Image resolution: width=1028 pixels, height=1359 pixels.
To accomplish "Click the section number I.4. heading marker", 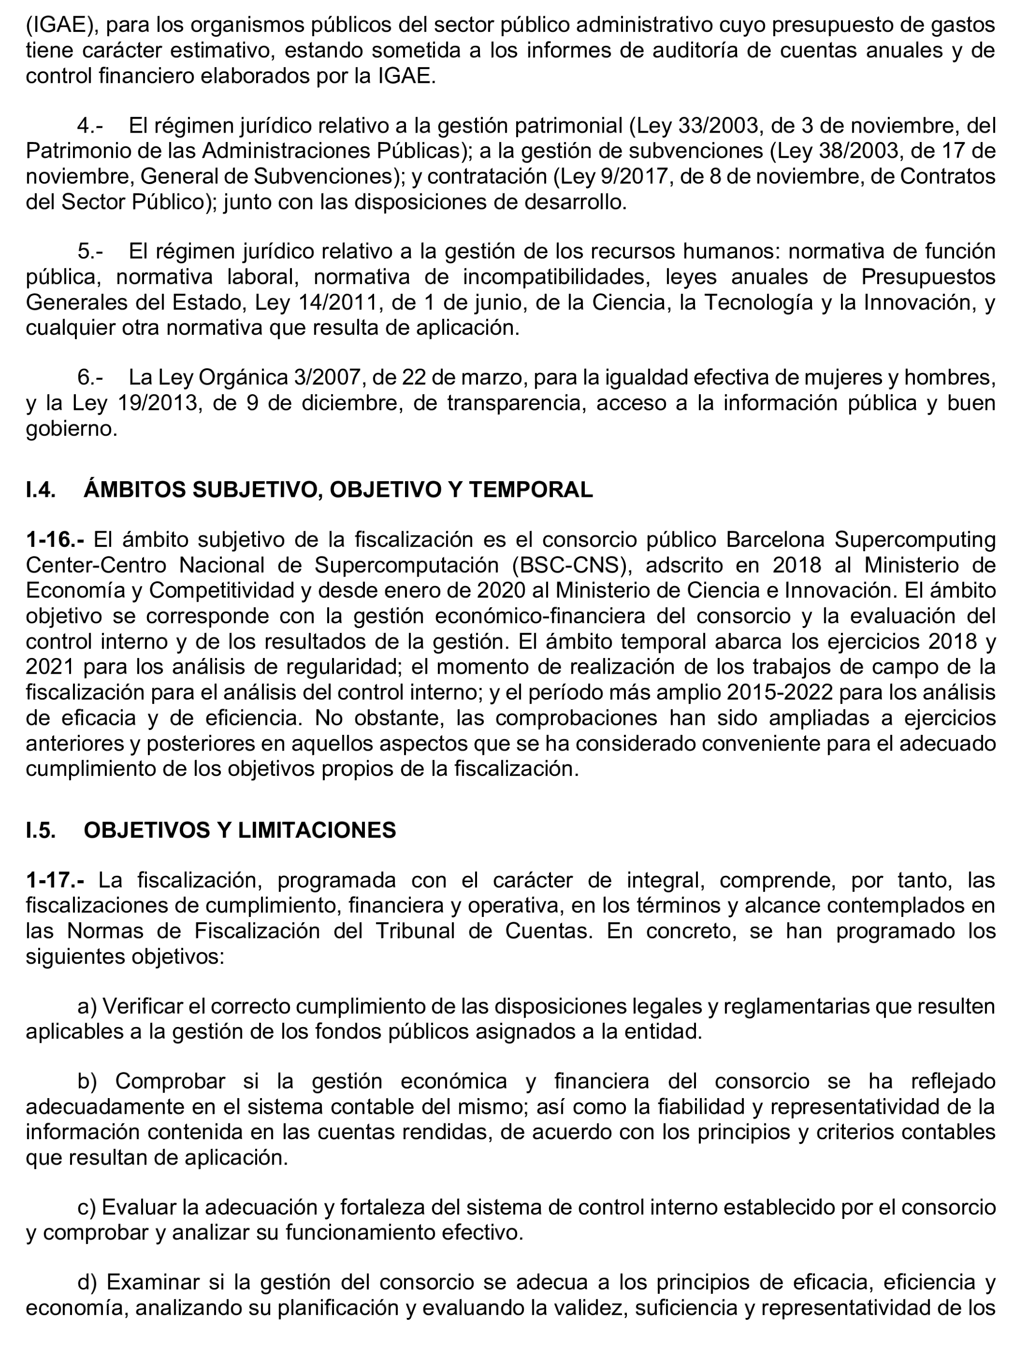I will pos(41,490).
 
